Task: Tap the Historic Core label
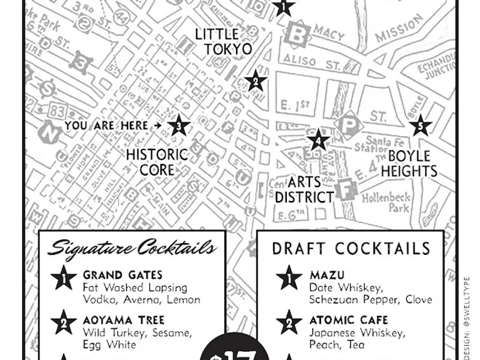pyautogui.click(x=157, y=163)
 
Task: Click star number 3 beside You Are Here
pyautogui.click(x=178, y=126)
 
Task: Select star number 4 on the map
pyautogui.click(x=318, y=141)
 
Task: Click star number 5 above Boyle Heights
pyautogui.click(x=420, y=126)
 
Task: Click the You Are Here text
pyautogui.click(x=106, y=126)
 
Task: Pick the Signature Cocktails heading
pyautogui.click(x=132, y=248)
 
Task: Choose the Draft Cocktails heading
pyautogui.click(x=351, y=248)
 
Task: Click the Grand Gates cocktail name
pyautogui.click(x=122, y=275)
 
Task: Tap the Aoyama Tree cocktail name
pyautogui.click(x=124, y=320)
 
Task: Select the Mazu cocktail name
pyautogui.click(x=327, y=275)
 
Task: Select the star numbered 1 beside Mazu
pyautogui.click(x=289, y=277)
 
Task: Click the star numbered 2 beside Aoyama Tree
pyautogui.click(x=64, y=322)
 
